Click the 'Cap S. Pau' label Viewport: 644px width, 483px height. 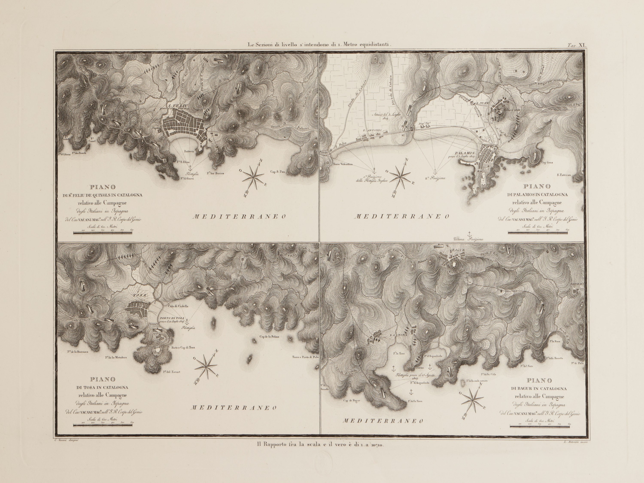point(277,172)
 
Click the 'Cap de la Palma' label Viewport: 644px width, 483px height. point(270,337)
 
